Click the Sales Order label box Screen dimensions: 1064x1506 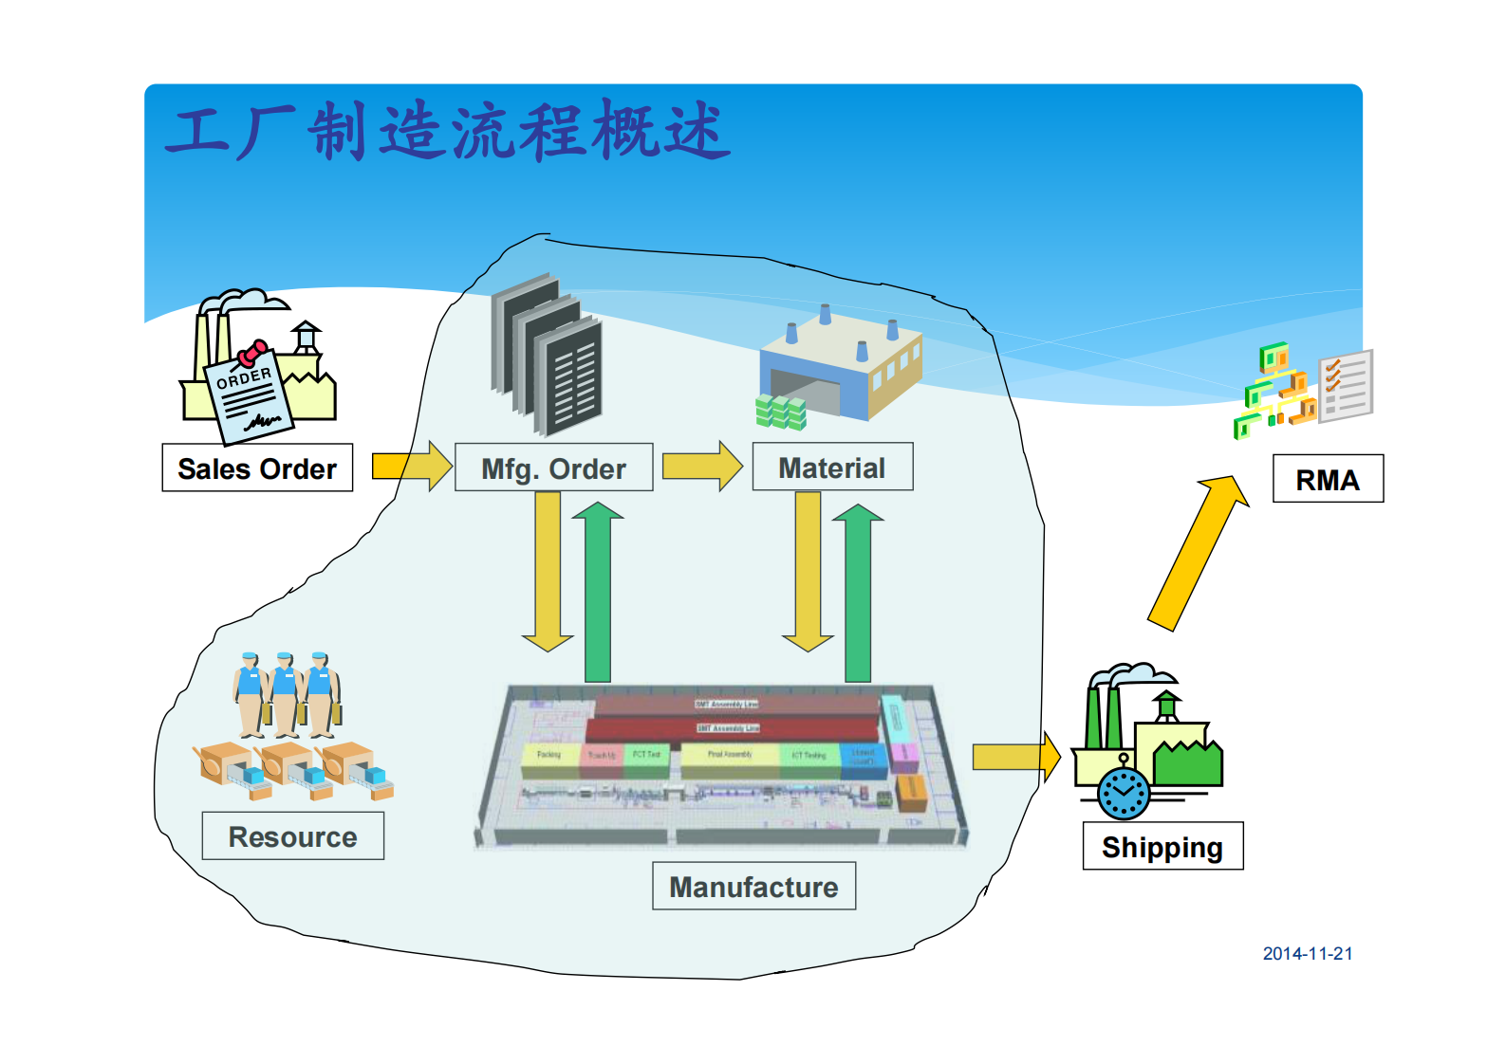tap(257, 468)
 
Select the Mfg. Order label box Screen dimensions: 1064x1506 tap(553, 468)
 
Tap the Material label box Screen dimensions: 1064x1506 tap(832, 468)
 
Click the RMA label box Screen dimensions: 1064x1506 tap(1328, 480)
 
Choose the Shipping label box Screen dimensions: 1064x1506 tap(1162, 847)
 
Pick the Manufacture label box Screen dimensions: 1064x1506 tap(753, 887)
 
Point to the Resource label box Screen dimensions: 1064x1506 tap(292, 836)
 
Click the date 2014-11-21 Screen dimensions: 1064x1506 tap(1307, 954)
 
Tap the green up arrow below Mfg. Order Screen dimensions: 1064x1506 tap(598, 593)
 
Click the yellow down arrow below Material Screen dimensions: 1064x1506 tap(808, 574)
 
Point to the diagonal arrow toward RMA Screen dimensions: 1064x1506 tap(1198, 552)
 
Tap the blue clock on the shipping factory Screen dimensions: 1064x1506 tap(1124, 794)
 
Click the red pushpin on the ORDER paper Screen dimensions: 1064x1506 tap(252, 353)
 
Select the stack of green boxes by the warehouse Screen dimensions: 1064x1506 tap(780, 413)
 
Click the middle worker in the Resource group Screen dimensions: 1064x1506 tap(285, 694)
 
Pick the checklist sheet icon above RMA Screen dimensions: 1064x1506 tap(1347, 385)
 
